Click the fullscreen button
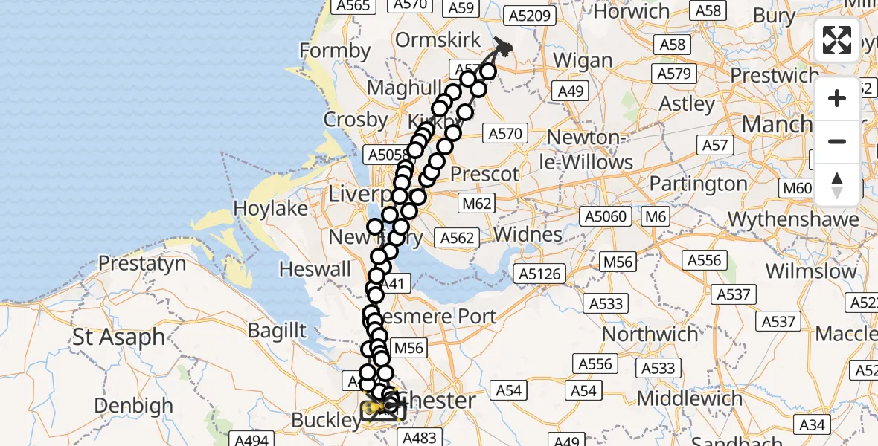click(837, 40)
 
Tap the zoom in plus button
click(837, 98)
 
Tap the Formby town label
click(335, 51)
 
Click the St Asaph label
click(119, 337)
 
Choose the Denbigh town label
click(134, 406)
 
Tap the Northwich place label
click(650, 334)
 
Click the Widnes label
click(528, 234)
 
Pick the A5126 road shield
click(539, 274)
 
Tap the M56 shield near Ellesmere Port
click(408, 347)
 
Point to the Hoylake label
click(271, 208)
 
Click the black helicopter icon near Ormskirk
click(504, 48)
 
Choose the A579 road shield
click(674, 74)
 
